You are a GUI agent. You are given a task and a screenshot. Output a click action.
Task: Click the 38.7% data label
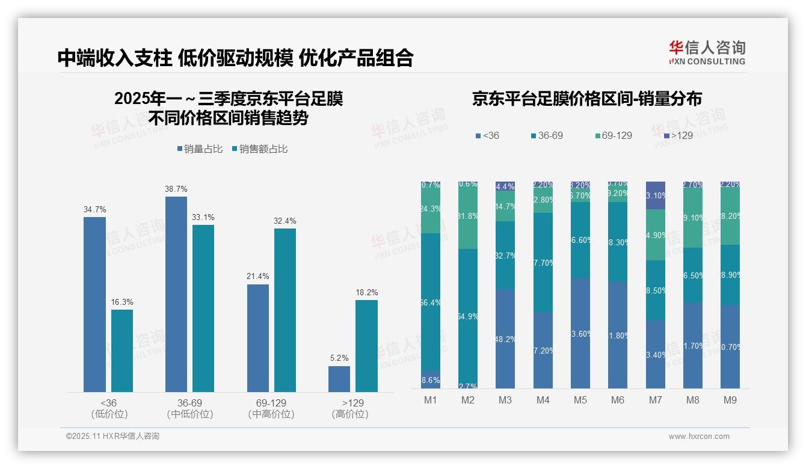(x=176, y=189)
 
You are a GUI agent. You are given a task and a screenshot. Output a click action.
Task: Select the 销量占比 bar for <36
(x=94, y=304)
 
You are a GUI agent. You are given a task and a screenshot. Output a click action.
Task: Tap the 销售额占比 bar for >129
(x=366, y=346)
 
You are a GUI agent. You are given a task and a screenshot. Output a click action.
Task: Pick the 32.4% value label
(x=285, y=221)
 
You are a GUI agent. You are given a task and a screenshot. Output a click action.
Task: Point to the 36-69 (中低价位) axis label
(x=189, y=408)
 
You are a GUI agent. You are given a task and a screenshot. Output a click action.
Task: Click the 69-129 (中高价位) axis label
(x=271, y=408)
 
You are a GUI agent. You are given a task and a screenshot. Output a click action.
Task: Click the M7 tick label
(x=655, y=400)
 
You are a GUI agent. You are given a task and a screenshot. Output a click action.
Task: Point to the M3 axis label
(x=505, y=400)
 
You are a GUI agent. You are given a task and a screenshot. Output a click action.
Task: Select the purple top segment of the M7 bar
(x=656, y=195)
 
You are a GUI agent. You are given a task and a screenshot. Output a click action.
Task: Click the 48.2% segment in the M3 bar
(x=505, y=339)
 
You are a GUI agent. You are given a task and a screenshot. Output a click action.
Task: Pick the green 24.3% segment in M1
(x=431, y=209)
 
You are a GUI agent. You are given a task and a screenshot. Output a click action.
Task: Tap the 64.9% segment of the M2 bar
(x=468, y=316)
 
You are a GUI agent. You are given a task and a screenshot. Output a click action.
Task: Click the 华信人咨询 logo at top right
(x=707, y=52)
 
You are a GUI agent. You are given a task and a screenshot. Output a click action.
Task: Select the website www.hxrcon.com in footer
(x=699, y=437)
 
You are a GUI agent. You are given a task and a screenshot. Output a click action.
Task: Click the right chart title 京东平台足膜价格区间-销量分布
(x=586, y=99)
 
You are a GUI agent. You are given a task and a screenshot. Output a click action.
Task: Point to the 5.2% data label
(x=339, y=358)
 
